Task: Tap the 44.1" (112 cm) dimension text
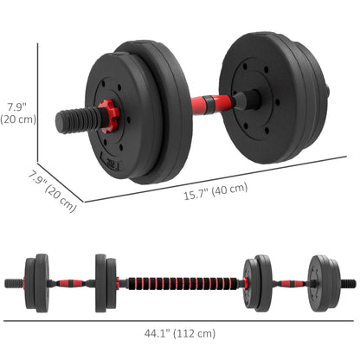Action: tap(180, 333)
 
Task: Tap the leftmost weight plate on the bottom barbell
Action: tap(42, 282)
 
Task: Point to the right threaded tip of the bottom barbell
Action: tap(350, 282)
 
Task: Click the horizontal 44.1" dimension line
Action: tap(180, 320)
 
